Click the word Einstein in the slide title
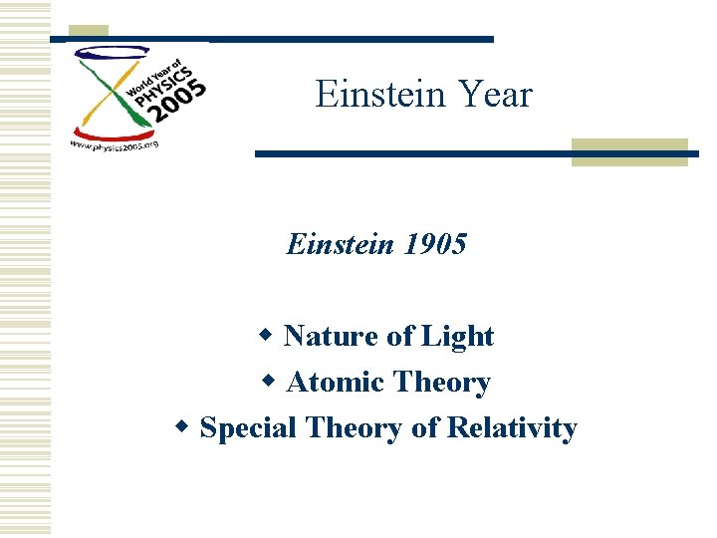[368, 95]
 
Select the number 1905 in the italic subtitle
[434, 244]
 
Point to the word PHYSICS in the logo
[165, 80]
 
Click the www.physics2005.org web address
[114, 143]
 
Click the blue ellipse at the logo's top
[110, 54]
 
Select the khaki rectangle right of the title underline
[629, 151]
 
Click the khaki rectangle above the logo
[92, 32]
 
